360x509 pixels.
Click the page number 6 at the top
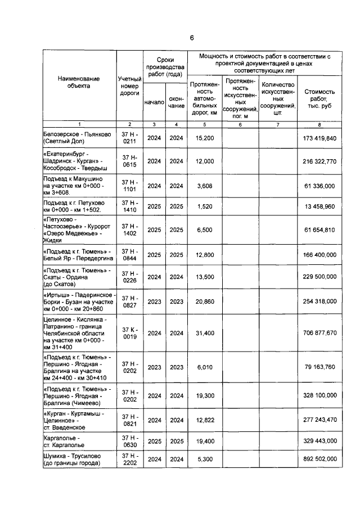pos(191,38)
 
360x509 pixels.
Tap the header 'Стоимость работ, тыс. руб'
pos(319,98)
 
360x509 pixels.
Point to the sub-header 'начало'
pos(154,102)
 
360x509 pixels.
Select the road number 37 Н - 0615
pos(129,161)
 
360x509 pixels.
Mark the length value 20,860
pos(203,301)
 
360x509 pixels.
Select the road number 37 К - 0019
pos(129,333)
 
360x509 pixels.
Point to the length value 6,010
pos(203,367)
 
